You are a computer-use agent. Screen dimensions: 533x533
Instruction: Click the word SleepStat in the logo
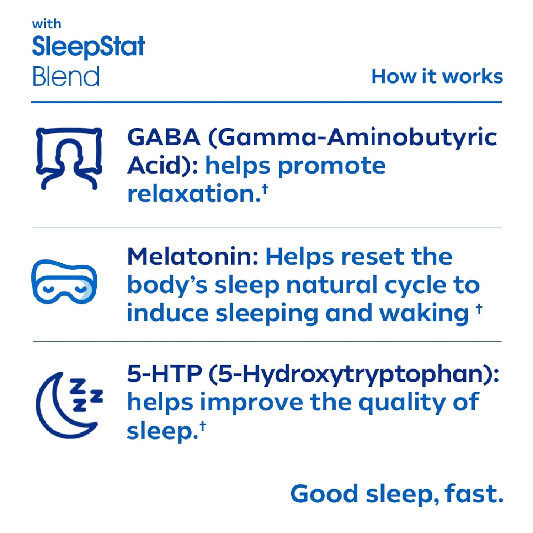pos(88,47)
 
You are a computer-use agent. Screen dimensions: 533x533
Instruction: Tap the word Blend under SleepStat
pos(66,76)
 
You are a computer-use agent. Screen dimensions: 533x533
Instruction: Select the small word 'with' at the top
pos(47,24)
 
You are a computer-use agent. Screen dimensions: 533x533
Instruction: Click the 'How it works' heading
pos(437,76)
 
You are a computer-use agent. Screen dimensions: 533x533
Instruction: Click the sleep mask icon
pos(64,282)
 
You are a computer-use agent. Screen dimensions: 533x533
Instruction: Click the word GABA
pos(164,137)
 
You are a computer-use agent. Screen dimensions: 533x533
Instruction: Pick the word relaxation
pos(194,194)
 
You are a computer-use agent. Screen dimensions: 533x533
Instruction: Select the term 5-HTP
pos(165,374)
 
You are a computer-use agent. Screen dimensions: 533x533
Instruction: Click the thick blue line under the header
pos(267,102)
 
